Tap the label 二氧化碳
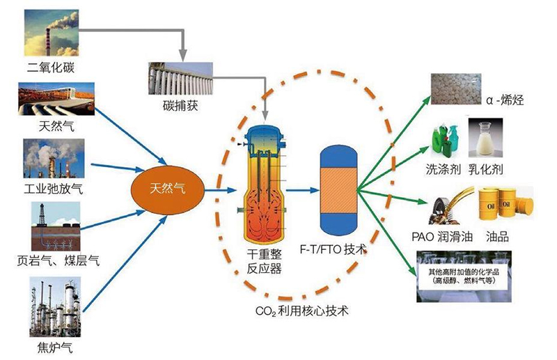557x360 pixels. (50, 68)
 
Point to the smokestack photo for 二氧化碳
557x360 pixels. (50, 32)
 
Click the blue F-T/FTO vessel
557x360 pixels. (338, 188)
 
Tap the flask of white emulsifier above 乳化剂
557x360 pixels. (485, 139)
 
